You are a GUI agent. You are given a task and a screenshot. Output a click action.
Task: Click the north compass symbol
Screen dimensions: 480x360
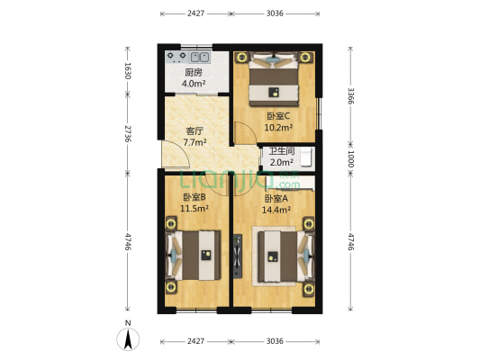coord(128,339)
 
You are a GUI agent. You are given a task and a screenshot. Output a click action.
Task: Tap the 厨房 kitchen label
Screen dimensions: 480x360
coord(194,73)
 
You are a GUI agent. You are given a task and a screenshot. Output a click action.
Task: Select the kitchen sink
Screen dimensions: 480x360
coord(200,57)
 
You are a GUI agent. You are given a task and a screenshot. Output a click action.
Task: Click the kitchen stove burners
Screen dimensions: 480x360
coord(177,57)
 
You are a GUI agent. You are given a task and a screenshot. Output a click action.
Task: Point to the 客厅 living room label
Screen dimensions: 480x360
coord(195,131)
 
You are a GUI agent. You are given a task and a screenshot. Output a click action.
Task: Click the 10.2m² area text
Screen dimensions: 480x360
coord(278,127)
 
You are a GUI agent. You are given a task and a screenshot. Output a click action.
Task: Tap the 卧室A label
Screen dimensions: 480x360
coord(276,199)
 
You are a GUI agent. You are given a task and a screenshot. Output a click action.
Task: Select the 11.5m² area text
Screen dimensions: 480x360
coord(195,209)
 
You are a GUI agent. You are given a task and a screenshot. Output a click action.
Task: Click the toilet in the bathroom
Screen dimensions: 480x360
coord(307,157)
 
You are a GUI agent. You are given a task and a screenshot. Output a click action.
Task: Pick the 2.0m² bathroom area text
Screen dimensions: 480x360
coord(282,162)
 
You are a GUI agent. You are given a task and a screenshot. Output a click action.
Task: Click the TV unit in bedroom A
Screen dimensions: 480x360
coord(238,256)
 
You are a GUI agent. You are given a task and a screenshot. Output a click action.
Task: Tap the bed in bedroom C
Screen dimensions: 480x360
coord(274,80)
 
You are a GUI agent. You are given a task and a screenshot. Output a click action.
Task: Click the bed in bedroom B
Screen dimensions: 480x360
coord(194,256)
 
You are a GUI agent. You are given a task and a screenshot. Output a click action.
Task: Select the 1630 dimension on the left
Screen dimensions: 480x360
coord(128,71)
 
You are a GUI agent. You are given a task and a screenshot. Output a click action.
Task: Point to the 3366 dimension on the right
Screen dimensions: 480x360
coord(351,96)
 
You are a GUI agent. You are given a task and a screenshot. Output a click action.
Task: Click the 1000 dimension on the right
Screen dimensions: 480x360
coord(351,158)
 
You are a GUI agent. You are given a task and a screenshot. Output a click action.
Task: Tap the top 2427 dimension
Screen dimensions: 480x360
coord(196,13)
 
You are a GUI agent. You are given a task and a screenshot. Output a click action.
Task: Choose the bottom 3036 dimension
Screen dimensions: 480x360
coord(275,341)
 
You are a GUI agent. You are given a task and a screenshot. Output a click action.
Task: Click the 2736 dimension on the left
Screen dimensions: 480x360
coord(128,133)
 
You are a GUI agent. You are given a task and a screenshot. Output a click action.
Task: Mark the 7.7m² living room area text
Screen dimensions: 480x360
coord(195,142)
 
